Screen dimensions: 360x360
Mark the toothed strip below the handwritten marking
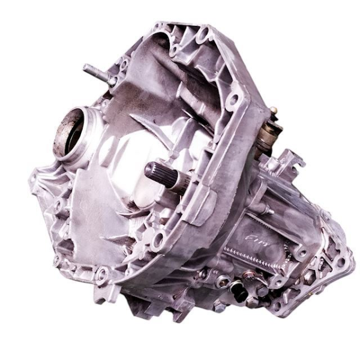[x=255, y=255]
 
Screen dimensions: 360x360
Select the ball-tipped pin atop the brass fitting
[x=274, y=110]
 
